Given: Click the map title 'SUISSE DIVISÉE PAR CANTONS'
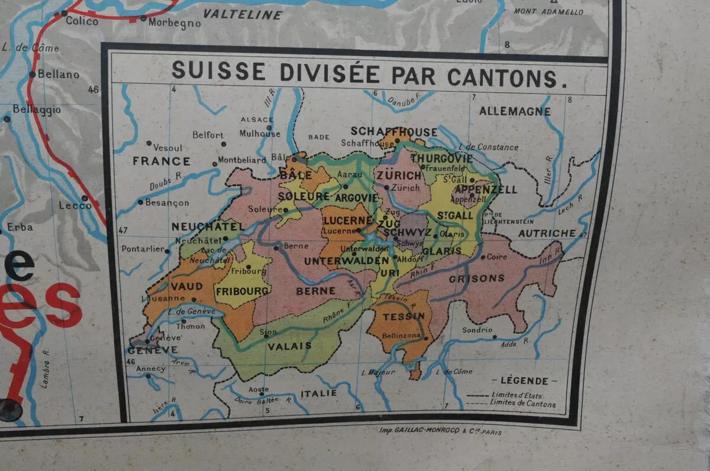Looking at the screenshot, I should tap(364, 74).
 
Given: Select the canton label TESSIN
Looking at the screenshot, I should tap(404, 316).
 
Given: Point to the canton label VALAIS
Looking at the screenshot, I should tap(290, 346).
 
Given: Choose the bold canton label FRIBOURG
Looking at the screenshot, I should tap(243, 291).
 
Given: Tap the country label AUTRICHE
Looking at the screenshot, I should tap(547, 233).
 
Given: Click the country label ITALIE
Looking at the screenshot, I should tap(318, 394).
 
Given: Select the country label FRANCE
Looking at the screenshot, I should tap(161, 161).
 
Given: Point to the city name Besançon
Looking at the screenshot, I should tap(167, 203).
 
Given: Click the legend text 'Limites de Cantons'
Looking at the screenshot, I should tap(523, 404).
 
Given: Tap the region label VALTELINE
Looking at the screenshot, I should tap(243, 15).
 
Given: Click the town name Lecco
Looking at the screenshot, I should tap(76, 206).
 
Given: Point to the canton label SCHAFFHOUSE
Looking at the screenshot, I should tap(394, 131).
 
